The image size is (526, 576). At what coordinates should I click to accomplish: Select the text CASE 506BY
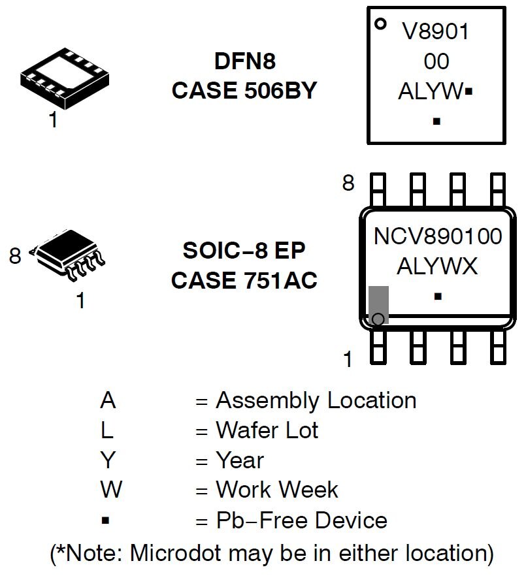tap(244, 91)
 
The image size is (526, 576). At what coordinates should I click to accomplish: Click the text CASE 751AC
tap(244, 280)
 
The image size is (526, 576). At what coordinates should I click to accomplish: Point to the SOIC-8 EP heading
tap(244, 250)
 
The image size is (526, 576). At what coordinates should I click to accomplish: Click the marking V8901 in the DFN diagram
tap(436, 31)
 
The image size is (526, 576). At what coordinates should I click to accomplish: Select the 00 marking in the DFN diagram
tap(436, 61)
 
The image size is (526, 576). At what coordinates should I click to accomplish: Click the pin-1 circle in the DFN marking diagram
tap(379, 24)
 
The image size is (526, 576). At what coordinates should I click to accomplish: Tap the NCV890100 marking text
tap(437, 236)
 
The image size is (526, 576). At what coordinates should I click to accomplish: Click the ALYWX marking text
tap(437, 266)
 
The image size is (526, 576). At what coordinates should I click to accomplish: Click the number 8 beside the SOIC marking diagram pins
tap(348, 184)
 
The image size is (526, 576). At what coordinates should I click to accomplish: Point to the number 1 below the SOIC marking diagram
tap(348, 359)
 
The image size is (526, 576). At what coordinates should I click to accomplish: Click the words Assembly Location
tap(316, 400)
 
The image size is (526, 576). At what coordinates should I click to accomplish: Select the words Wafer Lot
tap(267, 430)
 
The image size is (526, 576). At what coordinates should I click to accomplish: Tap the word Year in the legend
tap(239, 460)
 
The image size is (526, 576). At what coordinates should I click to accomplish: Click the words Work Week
tap(276, 490)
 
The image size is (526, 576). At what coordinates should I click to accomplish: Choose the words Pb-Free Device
tap(301, 520)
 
